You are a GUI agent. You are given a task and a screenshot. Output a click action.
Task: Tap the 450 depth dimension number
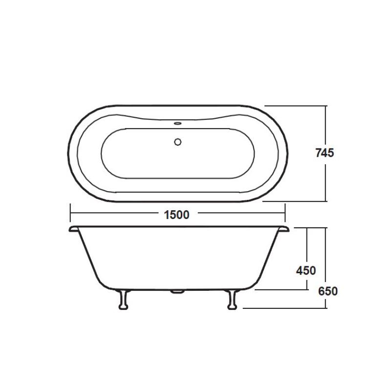point(306,270)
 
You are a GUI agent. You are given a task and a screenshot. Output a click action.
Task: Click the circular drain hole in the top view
point(177,142)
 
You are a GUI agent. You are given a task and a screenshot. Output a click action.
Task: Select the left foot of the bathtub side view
point(124,299)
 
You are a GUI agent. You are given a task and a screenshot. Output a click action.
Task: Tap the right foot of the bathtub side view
point(231,299)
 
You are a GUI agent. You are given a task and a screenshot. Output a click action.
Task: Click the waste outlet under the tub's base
point(177,292)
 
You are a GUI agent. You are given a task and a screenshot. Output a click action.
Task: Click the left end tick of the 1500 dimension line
point(71,214)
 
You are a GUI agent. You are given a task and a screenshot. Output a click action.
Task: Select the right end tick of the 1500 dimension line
point(284,214)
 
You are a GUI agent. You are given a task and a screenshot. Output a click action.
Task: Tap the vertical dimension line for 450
point(307,244)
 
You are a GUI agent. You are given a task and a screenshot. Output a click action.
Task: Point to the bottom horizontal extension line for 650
point(283,308)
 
